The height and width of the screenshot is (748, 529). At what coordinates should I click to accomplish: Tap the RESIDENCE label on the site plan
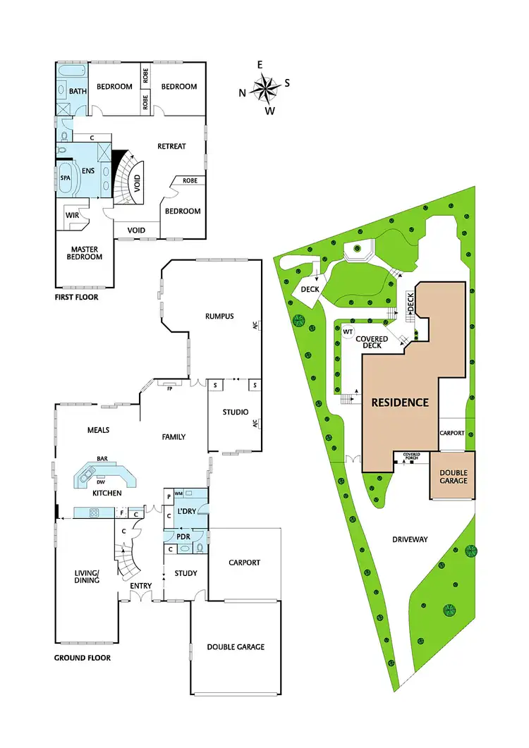coord(400,403)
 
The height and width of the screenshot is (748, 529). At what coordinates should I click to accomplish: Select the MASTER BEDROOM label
coord(86,252)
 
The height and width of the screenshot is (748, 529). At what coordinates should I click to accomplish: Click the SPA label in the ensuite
coord(67,178)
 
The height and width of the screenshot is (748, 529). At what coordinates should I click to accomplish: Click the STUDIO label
coord(232,412)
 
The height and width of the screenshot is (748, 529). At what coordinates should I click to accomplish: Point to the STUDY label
coord(186,573)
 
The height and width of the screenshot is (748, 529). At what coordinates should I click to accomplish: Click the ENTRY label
coord(142,586)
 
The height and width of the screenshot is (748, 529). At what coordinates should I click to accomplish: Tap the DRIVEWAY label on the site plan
coord(410,539)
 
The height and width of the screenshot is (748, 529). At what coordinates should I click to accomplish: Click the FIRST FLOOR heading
coord(76,298)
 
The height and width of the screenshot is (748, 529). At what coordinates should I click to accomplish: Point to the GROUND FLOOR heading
coord(83,658)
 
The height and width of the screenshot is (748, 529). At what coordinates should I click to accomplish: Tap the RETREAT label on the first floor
coord(171,146)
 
